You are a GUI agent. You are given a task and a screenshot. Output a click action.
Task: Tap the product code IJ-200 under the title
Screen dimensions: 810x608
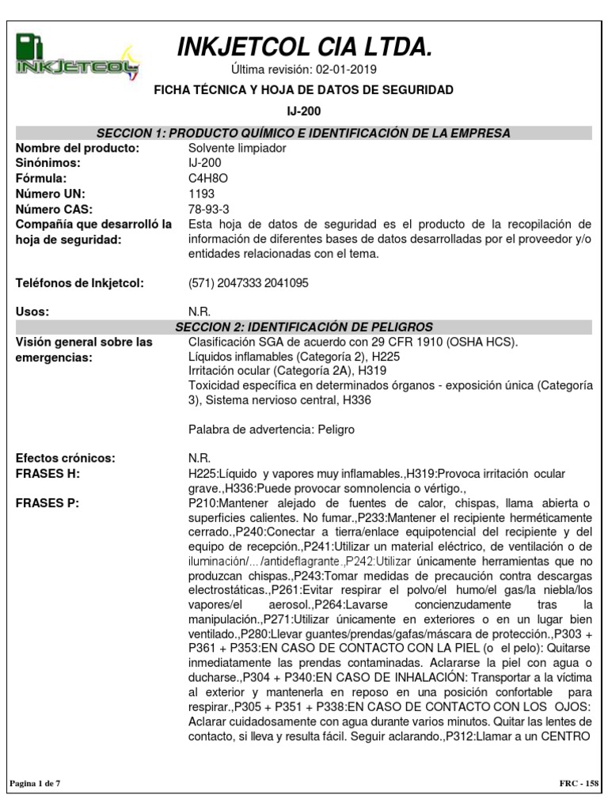[x=303, y=112]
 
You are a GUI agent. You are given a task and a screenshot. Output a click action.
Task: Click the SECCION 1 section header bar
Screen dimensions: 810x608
[x=303, y=133]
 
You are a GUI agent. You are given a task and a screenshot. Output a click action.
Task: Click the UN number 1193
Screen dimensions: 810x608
[x=201, y=194]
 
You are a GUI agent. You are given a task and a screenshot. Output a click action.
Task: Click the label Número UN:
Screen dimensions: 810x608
[x=51, y=194]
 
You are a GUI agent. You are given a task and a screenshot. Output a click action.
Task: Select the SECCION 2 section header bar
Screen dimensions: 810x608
[x=303, y=327]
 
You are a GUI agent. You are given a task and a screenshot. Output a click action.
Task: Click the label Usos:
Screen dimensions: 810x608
[x=32, y=312]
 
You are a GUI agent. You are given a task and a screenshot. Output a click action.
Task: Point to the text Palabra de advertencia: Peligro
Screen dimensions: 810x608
[x=272, y=430]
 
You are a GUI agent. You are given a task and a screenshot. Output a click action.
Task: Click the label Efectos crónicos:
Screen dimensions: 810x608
[x=66, y=459]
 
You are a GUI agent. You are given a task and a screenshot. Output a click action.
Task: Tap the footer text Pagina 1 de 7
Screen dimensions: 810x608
[x=35, y=783]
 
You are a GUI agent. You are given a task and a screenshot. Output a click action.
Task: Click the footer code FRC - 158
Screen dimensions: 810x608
[x=578, y=783]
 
